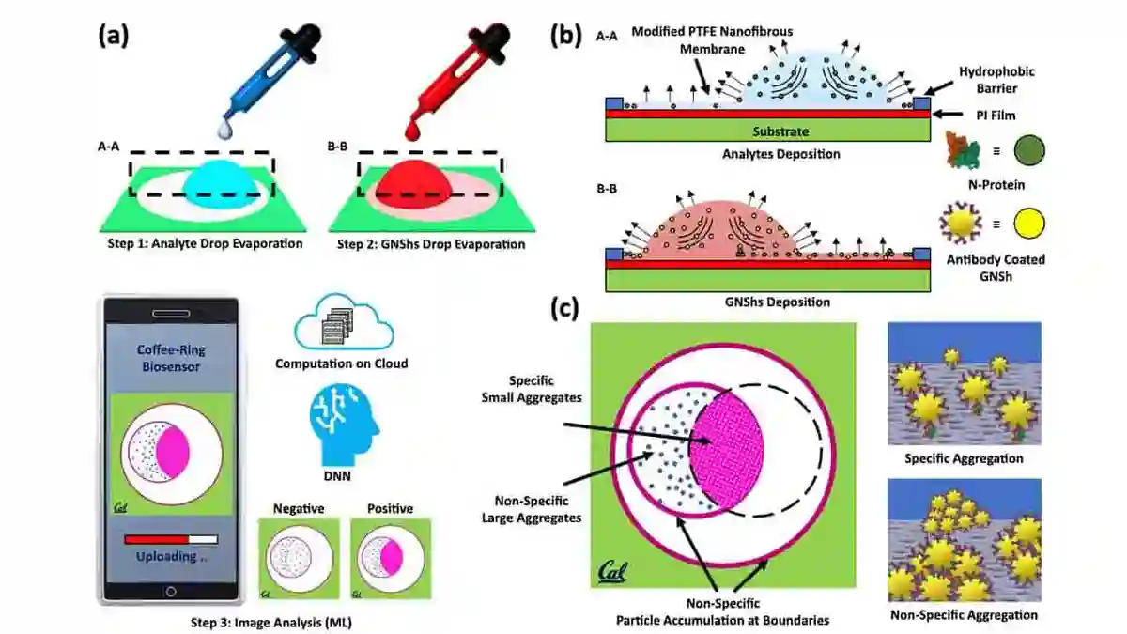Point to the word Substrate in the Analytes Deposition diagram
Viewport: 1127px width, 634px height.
coord(780,131)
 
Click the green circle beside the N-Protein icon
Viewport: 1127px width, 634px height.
coord(1029,150)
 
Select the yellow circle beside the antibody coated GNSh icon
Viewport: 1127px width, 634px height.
coord(1029,224)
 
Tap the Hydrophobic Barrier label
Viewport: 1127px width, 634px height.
coord(996,80)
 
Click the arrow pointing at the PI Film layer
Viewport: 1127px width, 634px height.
coord(949,115)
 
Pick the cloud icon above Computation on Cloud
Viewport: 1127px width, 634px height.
coord(344,322)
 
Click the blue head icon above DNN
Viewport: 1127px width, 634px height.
coord(344,425)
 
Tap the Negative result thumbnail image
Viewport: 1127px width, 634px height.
coord(299,559)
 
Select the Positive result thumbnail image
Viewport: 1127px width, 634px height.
coord(391,559)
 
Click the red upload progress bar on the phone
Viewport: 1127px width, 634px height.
coord(157,539)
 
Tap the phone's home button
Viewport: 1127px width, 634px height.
coord(171,592)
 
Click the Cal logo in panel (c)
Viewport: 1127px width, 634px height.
coord(612,572)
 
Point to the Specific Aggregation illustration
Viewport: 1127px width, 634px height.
coord(965,383)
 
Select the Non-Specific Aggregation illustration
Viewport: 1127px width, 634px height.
coord(965,540)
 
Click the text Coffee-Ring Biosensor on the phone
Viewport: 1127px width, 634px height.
coord(171,358)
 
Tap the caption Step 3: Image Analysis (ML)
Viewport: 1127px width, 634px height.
coord(271,623)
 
